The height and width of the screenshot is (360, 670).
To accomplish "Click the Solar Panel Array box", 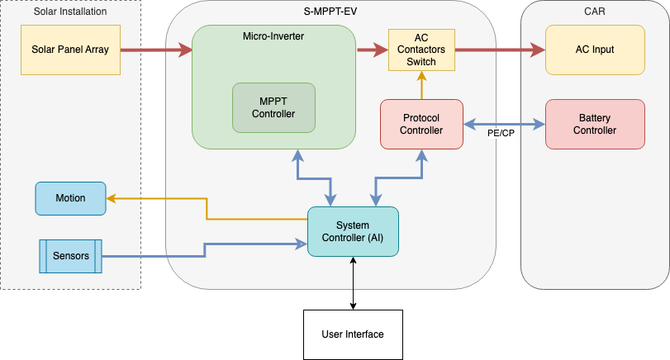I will pos(70,50).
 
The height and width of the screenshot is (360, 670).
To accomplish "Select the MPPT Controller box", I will pos(273,108).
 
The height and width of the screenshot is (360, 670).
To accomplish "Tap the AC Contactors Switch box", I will pos(421,50).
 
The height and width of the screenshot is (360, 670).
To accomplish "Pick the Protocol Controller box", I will pos(421,124).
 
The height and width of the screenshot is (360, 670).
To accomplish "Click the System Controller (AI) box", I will pos(353,231).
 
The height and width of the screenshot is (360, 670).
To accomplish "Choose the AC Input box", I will pos(595,50).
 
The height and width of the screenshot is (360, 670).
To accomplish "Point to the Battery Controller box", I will pos(595,124).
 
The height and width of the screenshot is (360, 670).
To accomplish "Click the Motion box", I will pos(70,198).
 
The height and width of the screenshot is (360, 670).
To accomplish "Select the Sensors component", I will pos(70,256).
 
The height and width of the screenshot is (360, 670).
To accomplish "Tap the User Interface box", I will pos(353,334).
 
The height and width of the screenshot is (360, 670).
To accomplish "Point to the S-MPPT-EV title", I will pos(330,12).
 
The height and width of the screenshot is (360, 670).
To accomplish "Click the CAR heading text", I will pos(595,12).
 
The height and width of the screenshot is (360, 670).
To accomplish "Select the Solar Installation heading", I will pos(70,12).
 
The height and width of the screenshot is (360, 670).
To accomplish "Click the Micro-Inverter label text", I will pos(273,36).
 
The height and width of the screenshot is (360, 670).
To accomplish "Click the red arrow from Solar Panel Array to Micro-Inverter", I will pos(156,50).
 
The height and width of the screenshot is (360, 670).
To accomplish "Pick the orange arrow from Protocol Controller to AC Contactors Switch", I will pos(421,85).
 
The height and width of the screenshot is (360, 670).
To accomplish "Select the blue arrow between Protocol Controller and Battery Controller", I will pos(504,125).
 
